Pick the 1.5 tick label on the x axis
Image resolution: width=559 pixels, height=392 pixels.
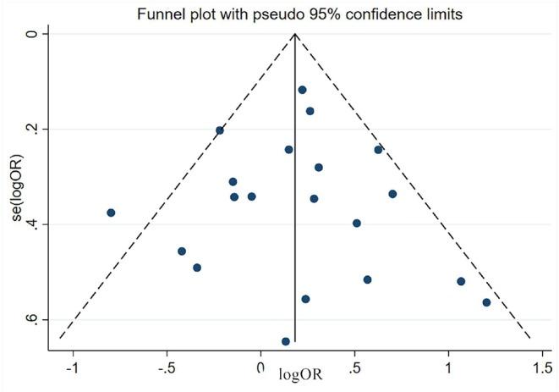pyautogui.click(x=540, y=369)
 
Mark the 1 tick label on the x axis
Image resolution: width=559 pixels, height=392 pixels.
pyautogui.click(x=448, y=369)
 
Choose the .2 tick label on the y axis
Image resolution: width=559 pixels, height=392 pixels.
pyautogui.click(x=32, y=129)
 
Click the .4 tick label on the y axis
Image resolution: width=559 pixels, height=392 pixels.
pyautogui.click(x=32, y=224)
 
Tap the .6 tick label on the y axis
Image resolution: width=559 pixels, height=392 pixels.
pyautogui.click(x=32, y=319)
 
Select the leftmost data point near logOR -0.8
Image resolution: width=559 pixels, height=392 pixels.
pyautogui.click(x=111, y=213)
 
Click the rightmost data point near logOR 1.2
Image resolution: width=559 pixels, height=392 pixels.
pyautogui.click(x=486, y=302)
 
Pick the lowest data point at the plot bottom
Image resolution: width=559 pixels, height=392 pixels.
pyautogui.click(x=286, y=341)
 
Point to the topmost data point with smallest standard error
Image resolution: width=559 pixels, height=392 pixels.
pyautogui.click(x=302, y=90)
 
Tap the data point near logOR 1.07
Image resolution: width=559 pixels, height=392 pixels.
pyautogui.click(x=461, y=281)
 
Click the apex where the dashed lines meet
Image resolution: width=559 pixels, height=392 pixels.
pyautogui.click(x=294, y=34)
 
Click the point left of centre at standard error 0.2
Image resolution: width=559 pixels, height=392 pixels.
pyautogui.click(x=220, y=130)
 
